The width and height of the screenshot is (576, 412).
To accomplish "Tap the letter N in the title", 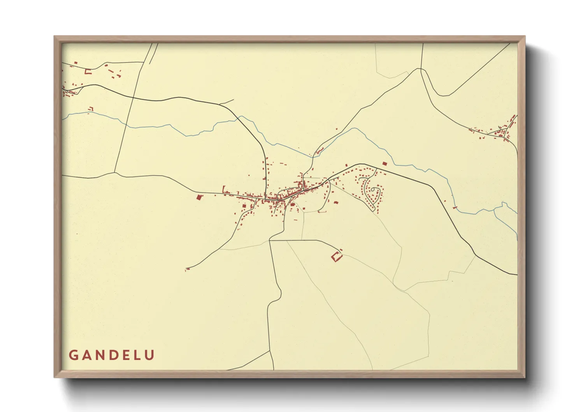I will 100,355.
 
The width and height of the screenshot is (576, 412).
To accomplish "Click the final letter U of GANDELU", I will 150,355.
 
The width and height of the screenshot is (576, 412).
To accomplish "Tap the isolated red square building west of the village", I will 199,197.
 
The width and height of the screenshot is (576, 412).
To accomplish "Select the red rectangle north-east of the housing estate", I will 385,164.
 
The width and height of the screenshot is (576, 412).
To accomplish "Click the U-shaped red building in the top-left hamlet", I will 88,71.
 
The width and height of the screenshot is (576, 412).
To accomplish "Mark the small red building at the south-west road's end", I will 187,269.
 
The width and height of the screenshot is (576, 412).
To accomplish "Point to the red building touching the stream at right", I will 455,208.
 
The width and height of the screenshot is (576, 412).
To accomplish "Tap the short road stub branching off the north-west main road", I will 227,102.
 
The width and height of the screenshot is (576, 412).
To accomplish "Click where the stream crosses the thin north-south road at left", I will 126,124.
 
